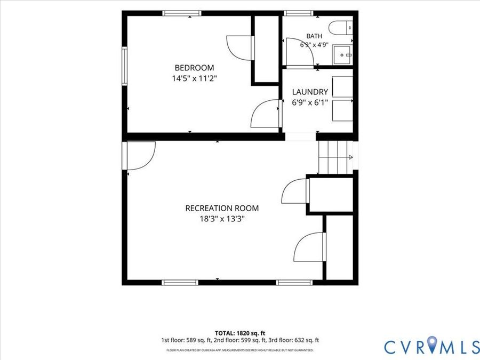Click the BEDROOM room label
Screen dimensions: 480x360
click(x=194, y=68)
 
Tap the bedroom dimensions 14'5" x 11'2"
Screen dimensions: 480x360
click(x=194, y=79)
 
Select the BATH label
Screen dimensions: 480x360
click(x=314, y=36)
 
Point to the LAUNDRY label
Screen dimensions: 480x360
click(x=310, y=92)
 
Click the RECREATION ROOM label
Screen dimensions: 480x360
click(x=222, y=208)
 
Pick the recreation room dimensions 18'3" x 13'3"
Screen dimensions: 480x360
click(x=222, y=219)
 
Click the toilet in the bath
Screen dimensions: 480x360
click(x=341, y=28)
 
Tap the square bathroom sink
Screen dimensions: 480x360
click(x=343, y=55)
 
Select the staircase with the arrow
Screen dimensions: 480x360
click(x=336, y=157)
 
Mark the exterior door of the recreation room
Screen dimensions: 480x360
click(x=140, y=156)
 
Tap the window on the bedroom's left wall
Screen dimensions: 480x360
click(x=124, y=66)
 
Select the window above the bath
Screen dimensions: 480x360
click(x=299, y=13)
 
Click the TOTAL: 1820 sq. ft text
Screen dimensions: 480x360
click(x=240, y=333)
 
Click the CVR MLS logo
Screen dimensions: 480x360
click(x=431, y=347)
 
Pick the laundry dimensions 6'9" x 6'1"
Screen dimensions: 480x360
click(x=310, y=102)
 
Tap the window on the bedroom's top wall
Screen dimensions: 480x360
click(x=181, y=13)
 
